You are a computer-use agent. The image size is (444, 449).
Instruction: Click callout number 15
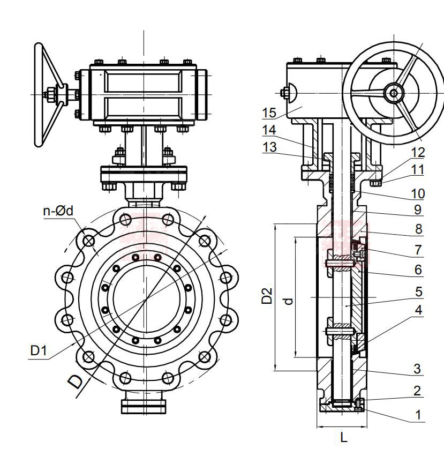[x=269, y=113]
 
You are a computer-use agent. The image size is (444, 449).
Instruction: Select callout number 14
[x=269, y=130]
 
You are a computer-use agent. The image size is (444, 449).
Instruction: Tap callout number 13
[x=269, y=147]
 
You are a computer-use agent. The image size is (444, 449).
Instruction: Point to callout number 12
[x=418, y=153]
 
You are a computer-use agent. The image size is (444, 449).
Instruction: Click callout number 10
[x=418, y=193]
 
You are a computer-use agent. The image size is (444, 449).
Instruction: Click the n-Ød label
[x=58, y=211]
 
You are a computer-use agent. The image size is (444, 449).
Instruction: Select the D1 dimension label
[x=39, y=351]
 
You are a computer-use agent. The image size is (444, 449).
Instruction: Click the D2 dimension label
[x=267, y=296]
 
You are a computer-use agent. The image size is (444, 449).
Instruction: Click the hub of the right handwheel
[x=394, y=94]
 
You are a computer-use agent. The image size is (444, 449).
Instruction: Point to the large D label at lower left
[x=76, y=381]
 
